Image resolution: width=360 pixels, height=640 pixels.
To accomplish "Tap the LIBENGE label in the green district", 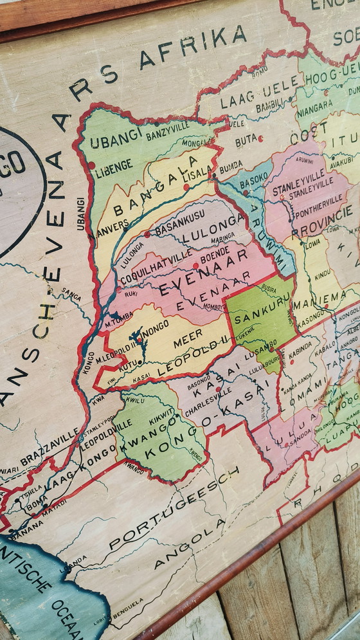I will [114, 165].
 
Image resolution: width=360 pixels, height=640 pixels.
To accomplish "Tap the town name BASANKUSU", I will [179, 215].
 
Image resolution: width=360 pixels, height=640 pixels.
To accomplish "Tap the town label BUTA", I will [247, 139].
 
